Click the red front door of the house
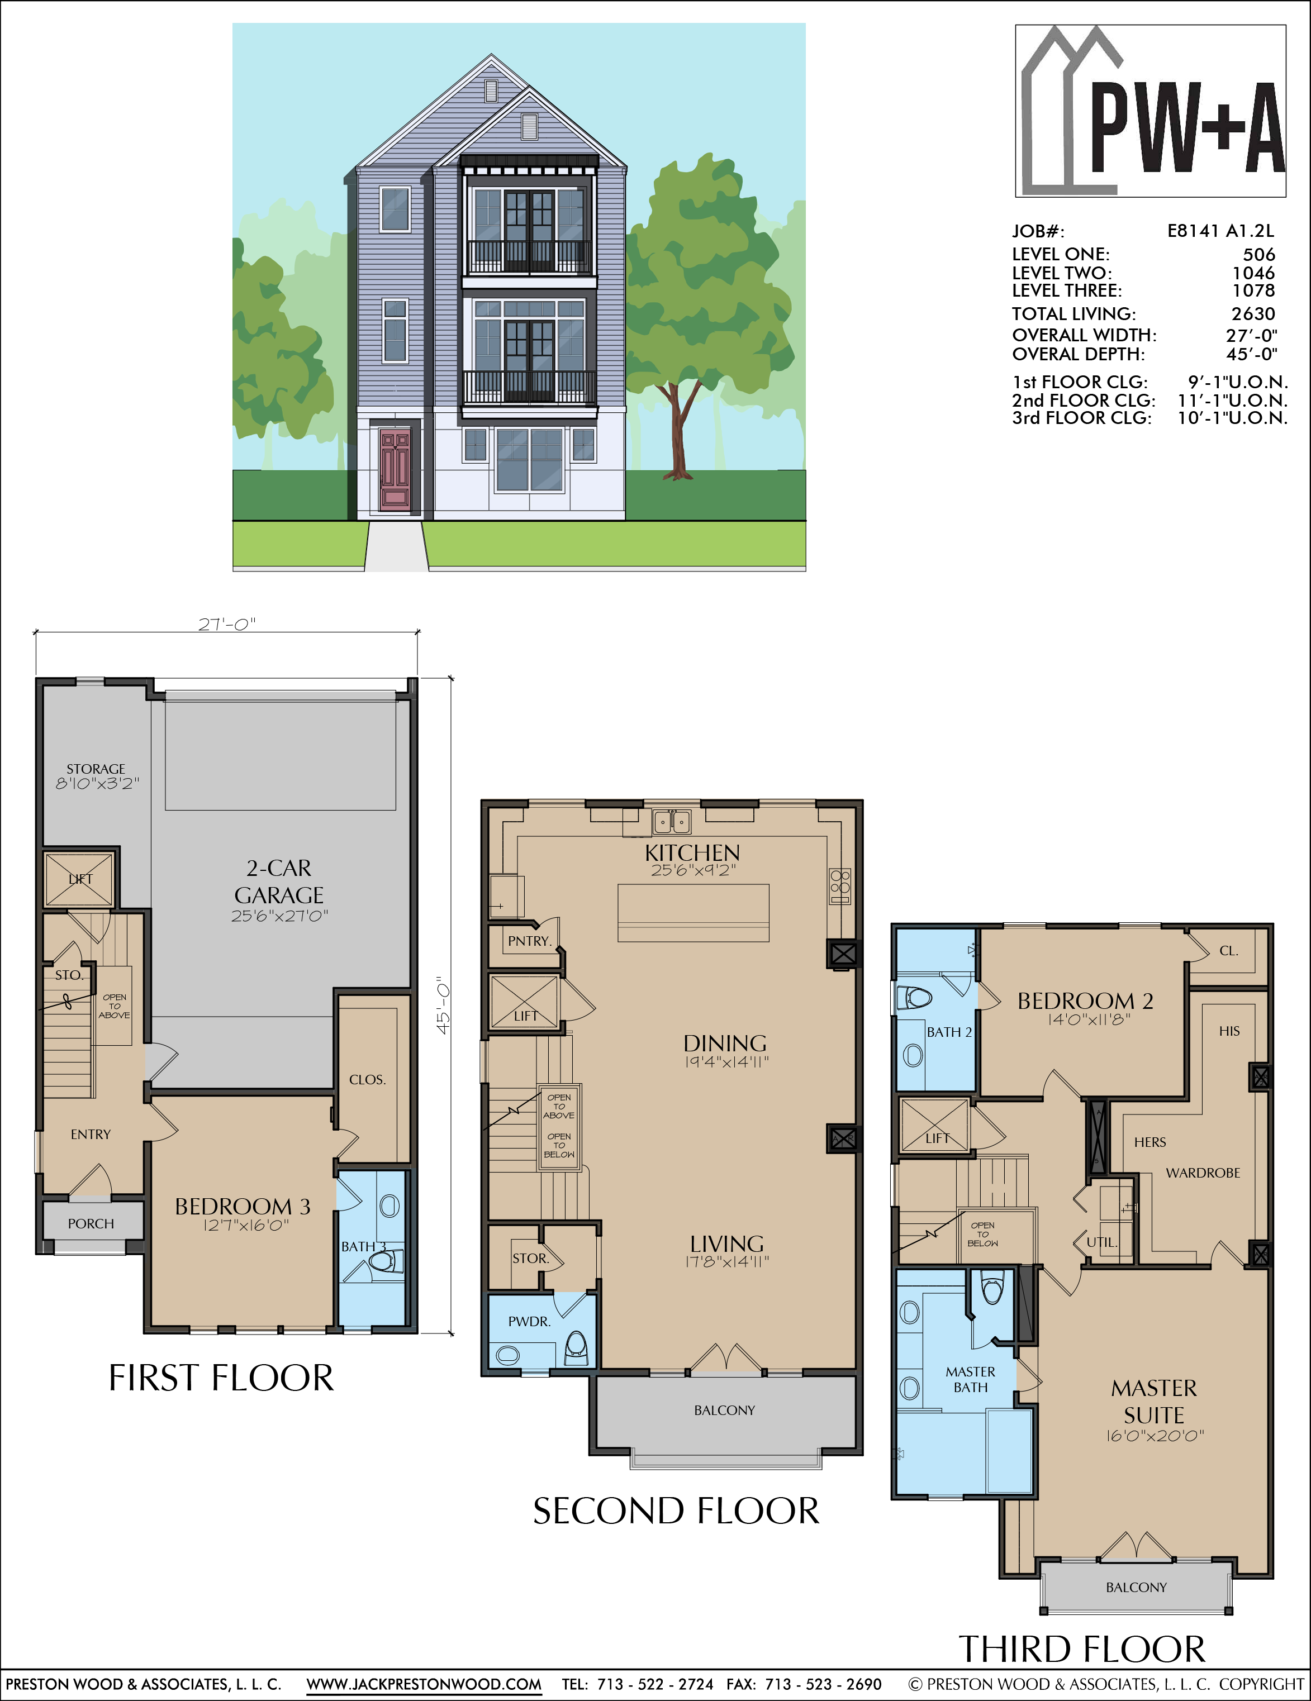click(x=395, y=470)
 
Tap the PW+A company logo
click(x=1151, y=111)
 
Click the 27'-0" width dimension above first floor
click(x=227, y=624)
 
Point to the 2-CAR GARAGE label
click(x=279, y=882)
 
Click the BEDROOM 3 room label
click(x=243, y=1207)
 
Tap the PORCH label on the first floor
click(x=91, y=1223)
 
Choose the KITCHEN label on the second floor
click(x=692, y=853)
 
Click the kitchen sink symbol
click(x=672, y=822)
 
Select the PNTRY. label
click(x=530, y=941)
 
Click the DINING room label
click(x=725, y=1044)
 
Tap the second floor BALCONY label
click(x=724, y=1411)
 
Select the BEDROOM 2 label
click(x=1085, y=1001)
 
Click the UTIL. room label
click(x=1102, y=1242)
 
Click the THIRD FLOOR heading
click(x=1082, y=1650)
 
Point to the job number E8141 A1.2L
click(x=1220, y=231)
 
